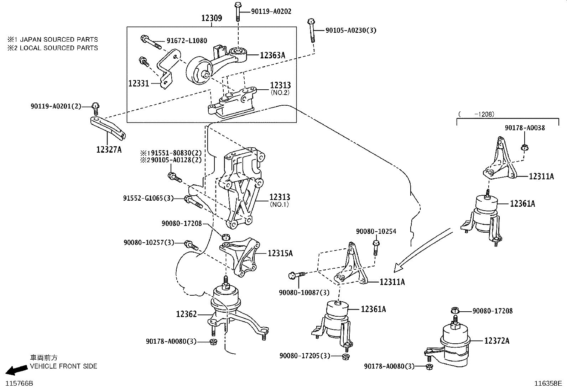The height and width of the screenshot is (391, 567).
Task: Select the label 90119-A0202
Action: click(x=271, y=11)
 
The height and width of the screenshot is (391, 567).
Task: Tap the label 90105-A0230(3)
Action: click(x=350, y=31)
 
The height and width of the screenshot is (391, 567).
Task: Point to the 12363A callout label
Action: click(x=272, y=55)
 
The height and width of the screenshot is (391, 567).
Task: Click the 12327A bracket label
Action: click(x=109, y=150)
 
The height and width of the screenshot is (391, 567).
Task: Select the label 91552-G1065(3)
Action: click(x=148, y=198)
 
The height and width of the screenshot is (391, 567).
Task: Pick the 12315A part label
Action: click(x=280, y=253)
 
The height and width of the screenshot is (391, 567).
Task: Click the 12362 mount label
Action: click(x=186, y=314)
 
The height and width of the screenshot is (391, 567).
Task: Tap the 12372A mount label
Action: click(x=496, y=341)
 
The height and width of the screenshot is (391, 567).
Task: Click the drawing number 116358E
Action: click(x=547, y=384)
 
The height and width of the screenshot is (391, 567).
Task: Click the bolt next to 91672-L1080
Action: click(x=151, y=42)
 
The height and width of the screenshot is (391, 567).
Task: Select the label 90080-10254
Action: click(x=376, y=231)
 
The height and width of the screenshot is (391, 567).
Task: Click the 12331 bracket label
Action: click(x=139, y=84)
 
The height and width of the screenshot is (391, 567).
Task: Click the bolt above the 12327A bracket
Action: click(x=95, y=106)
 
